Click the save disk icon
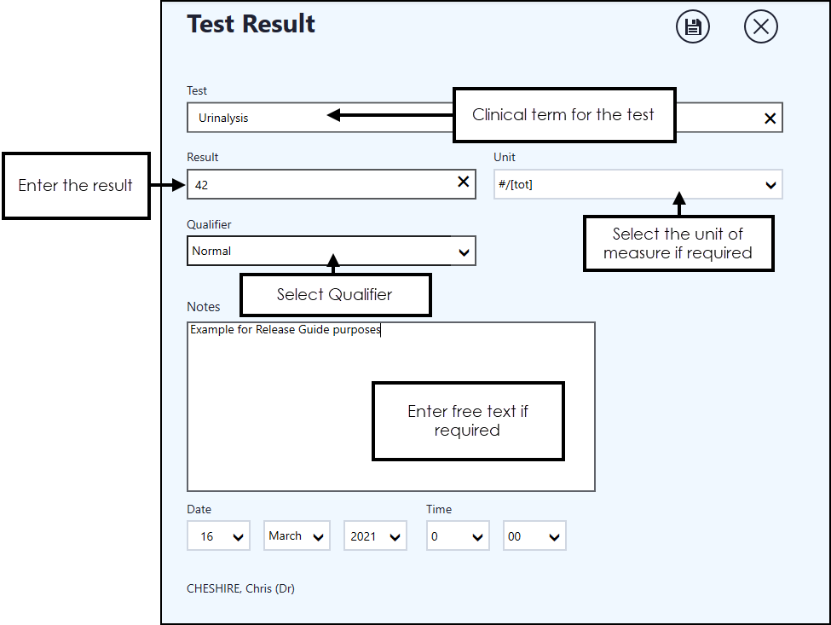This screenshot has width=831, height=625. point(692,27)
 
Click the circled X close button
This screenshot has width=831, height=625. point(760,27)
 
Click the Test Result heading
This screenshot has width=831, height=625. point(251,24)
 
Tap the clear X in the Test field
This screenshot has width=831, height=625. point(770,119)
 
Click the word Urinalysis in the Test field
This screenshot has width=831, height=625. point(223,119)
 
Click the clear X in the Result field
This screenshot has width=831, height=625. point(464,182)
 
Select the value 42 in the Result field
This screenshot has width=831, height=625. point(202,184)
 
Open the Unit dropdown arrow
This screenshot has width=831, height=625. point(770,185)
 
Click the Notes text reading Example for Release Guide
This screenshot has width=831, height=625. point(285,330)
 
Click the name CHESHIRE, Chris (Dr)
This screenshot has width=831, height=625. point(240,588)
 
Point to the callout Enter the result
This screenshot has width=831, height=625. point(76,185)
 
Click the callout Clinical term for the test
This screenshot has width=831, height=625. point(563,114)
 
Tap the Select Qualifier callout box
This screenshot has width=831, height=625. point(335,295)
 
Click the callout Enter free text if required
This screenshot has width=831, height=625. point(468,421)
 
